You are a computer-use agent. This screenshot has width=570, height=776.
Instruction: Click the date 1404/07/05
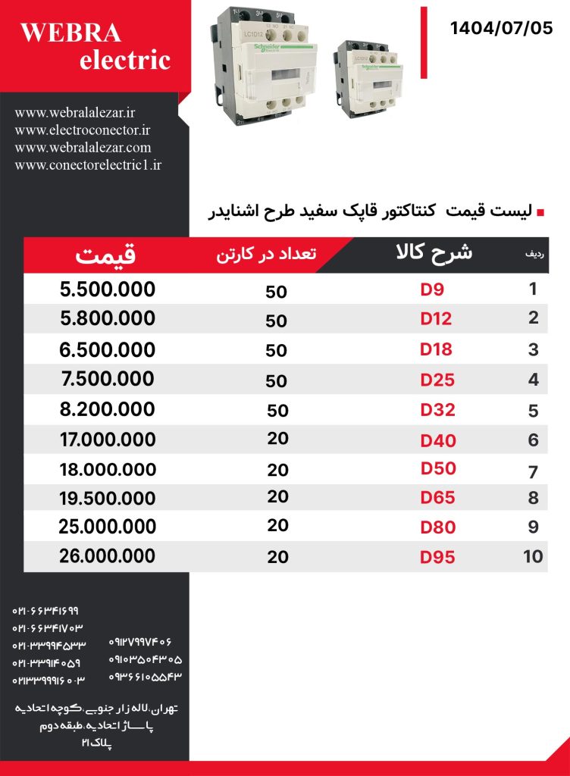501,29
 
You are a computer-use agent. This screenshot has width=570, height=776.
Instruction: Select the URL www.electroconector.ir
83,130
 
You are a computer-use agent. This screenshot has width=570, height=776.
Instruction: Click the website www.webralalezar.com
83,147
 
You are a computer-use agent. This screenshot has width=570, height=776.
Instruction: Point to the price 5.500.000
107,289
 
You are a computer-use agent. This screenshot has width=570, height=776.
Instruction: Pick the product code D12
436,319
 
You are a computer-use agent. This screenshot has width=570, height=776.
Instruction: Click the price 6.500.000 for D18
107,349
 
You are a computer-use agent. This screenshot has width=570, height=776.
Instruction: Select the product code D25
437,380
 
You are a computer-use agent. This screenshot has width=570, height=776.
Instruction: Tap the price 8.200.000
107,410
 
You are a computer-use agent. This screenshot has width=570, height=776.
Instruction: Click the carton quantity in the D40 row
277,440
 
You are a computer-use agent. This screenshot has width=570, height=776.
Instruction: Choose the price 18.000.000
107,469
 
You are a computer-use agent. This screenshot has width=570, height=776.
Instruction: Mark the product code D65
438,497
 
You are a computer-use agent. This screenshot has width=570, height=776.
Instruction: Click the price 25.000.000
107,526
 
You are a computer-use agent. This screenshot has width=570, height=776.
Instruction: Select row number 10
533,556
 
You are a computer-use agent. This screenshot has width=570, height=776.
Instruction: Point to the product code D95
438,558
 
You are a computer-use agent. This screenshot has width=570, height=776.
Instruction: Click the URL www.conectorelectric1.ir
88,164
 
